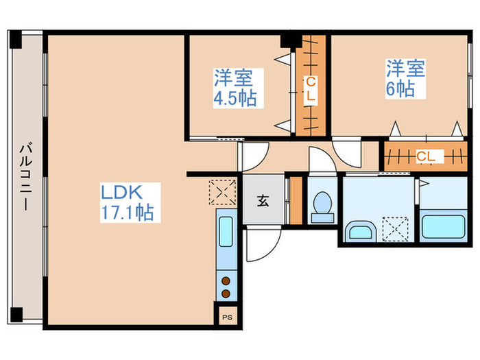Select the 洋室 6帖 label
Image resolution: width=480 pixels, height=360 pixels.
[405, 79]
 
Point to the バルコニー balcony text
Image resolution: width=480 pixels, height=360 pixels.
[26, 176]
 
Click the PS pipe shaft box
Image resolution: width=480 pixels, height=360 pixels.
[227, 317]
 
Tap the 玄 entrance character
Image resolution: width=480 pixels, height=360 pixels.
[263, 201]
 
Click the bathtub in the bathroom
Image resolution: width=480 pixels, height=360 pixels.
[443, 227]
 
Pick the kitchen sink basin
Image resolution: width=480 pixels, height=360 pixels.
[226, 232]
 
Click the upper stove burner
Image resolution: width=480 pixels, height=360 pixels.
[226, 280]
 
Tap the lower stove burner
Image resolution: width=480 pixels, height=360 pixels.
[226, 294]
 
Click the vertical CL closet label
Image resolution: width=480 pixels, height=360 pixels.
[311, 89]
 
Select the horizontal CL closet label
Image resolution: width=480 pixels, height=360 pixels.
[426, 156]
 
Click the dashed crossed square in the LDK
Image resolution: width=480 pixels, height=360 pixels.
[223, 192]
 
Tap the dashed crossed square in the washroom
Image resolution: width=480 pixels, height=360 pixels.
[395, 229]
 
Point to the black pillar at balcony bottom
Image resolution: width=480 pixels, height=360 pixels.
[16, 315]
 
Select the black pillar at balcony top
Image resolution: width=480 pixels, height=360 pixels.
[15, 40]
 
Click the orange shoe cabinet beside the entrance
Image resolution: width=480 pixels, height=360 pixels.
[296, 201]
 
